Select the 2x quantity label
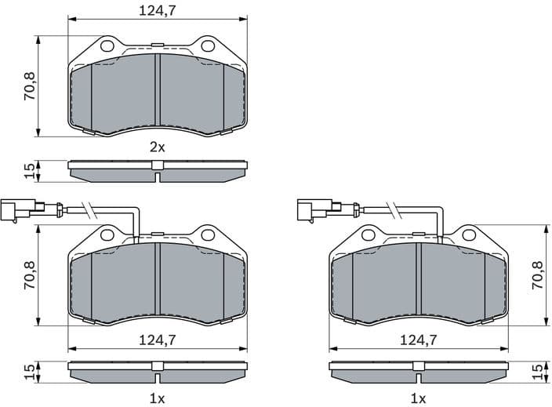[x=157, y=147]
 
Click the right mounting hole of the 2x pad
[x=208, y=46]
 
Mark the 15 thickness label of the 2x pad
[x=29, y=171]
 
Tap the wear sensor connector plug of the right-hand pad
[x=314, y=209]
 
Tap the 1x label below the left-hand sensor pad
[x=157, y=398]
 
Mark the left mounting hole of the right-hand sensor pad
[x=367, y=234]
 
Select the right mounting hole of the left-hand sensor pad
[x=208, y=234]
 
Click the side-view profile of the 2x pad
[x=157, y=170]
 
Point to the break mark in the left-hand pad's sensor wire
[x=91, y=209]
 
